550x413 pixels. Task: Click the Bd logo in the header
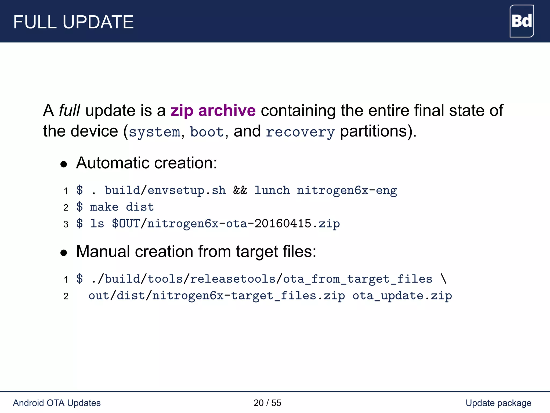coord(521,21)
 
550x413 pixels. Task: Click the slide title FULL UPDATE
coord(73,22)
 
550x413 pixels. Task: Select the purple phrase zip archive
coord(213,111)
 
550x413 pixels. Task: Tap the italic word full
coord(69,111)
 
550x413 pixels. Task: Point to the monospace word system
coord(154,132)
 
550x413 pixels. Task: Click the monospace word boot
coord(207,132)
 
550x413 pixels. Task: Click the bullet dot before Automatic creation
coord(64,164)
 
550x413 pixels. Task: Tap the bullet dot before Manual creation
coord(64,252)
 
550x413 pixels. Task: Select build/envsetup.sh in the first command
coord(165,191)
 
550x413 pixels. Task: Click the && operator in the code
coord(240,190)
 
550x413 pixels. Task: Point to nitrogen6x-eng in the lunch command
coord(347,191)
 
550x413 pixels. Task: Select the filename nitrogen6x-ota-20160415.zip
coord(243,224)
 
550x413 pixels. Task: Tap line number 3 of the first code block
coord(66,224)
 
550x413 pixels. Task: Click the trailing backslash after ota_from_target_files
coord(443,279)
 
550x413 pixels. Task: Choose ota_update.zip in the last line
coord(402,296)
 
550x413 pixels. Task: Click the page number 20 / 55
coord(267,403)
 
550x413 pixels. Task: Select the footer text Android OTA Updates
coord(57,403)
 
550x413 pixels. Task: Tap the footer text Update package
coord(498,403)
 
